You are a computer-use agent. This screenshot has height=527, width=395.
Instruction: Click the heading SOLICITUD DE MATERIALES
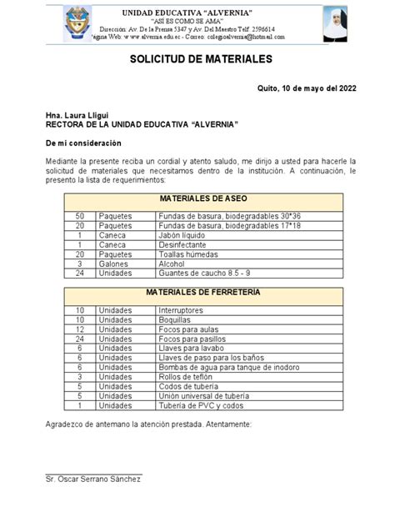pos(197,60)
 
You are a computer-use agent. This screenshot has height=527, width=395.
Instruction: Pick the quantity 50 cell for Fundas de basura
pos(81,215)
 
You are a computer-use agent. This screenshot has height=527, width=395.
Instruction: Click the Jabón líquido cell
pos(182,235)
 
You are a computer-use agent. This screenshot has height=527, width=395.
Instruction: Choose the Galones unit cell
pos(114,263)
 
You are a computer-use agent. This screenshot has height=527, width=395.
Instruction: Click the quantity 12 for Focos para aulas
pos(81,329)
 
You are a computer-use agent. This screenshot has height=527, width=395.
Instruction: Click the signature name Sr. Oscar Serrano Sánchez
pos(94,478)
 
